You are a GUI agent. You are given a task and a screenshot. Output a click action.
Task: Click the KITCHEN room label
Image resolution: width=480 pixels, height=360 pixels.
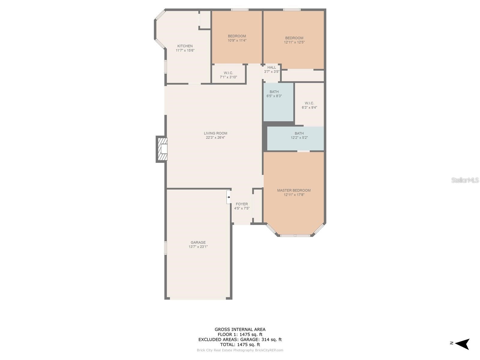pos(185,46)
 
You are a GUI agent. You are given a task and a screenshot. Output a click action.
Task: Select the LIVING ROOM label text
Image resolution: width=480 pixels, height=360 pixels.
pos(215,133)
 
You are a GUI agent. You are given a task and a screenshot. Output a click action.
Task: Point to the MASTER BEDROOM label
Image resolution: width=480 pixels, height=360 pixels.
pos(294,190)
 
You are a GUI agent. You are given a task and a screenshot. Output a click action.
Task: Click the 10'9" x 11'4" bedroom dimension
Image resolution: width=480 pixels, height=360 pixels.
pos(237,40)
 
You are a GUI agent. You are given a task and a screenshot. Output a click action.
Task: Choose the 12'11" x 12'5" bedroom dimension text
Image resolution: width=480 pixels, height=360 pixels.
pos(294,42)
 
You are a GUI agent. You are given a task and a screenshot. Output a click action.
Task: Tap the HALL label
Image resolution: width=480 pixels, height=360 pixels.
pos(271,67)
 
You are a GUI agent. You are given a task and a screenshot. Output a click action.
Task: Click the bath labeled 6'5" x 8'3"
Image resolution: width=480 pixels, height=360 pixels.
pos(274,94)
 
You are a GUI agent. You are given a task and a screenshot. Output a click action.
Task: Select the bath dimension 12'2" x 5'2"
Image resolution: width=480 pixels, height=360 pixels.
pos(299,138)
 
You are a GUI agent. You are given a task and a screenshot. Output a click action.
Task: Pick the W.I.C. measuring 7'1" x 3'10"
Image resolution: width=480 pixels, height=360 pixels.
pos(228,75)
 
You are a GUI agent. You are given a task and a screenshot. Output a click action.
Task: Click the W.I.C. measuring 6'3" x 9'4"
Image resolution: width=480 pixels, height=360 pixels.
pos(309,105)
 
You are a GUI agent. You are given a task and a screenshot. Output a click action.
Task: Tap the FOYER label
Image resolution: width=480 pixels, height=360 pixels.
pos(241,204)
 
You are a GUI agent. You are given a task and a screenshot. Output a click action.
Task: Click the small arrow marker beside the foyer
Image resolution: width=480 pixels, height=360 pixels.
pos(229,197)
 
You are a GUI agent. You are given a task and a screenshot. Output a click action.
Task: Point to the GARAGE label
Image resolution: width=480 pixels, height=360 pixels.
pos(198,242)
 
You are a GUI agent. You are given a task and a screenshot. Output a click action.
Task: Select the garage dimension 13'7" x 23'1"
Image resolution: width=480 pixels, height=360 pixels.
pos(198,247)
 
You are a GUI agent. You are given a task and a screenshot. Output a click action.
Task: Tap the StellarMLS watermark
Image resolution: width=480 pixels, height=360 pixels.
pos(465,180)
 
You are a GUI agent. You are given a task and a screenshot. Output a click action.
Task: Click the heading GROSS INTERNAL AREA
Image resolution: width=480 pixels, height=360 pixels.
pos(240,329)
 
